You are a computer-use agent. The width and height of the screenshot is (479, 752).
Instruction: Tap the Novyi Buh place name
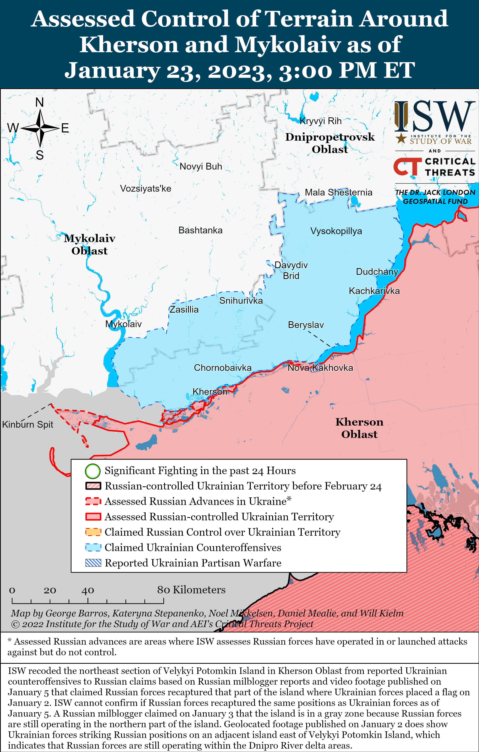tap(201, 166)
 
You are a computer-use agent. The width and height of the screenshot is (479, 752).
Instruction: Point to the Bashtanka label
tap(200, 230)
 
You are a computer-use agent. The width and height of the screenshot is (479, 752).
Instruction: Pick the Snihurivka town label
tap(241, 301)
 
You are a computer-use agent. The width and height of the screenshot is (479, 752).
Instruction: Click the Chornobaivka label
tap(222, 368)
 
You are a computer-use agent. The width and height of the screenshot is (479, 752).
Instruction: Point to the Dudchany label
tap(377, 272)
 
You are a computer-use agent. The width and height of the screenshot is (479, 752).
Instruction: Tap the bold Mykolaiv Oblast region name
tap(89, 244)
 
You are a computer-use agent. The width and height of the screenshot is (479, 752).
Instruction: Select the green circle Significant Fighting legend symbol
tap(93, 471)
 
